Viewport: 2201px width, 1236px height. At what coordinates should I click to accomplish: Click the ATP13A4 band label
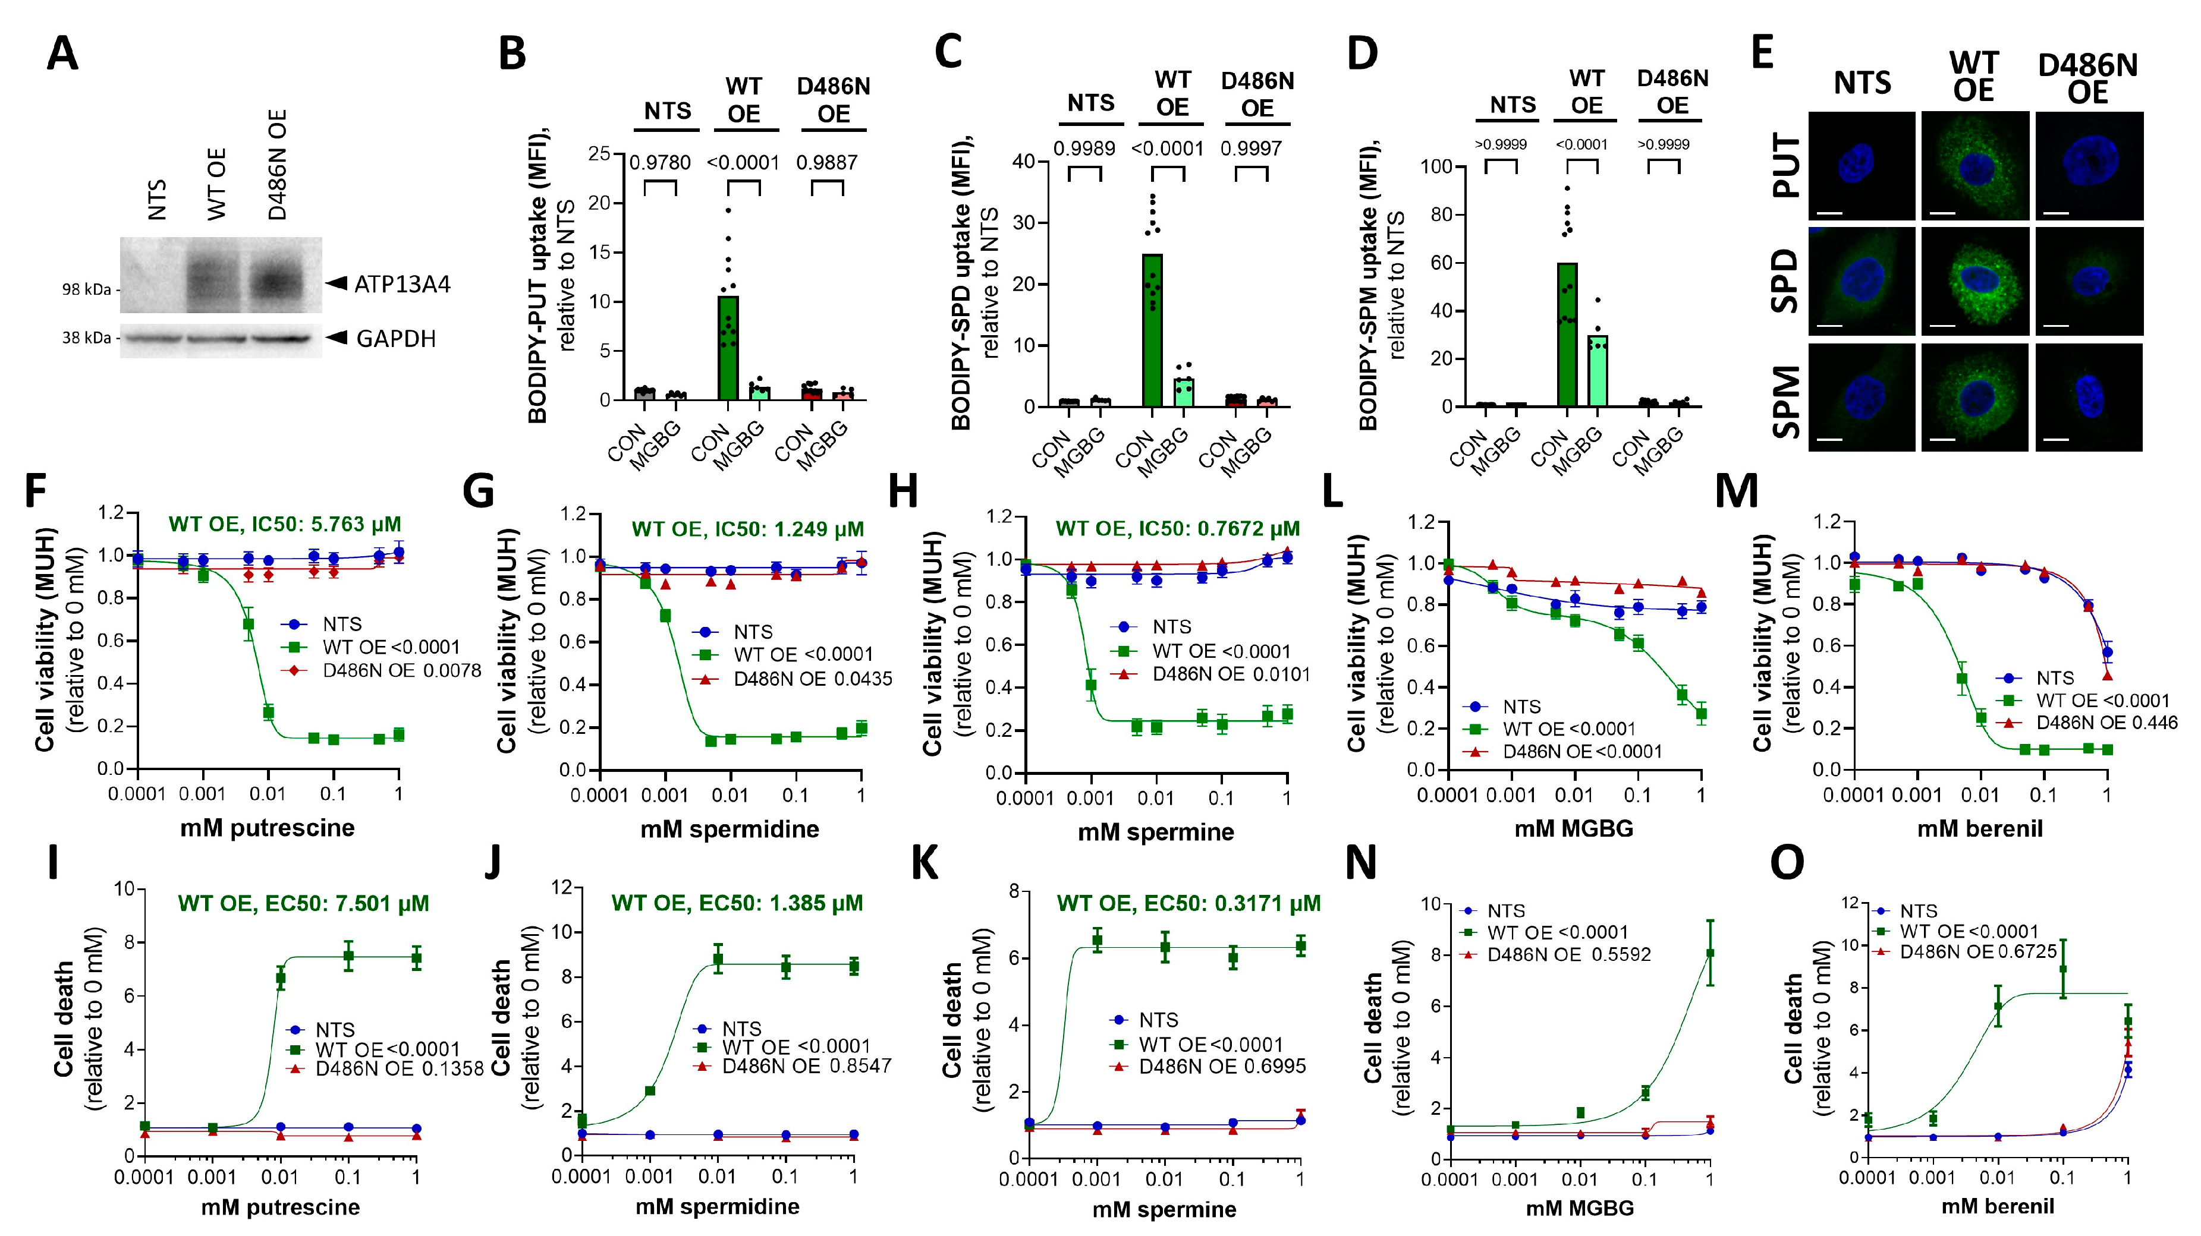click(x=401, y=285)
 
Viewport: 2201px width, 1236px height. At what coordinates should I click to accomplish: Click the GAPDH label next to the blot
click(x=395, y=339)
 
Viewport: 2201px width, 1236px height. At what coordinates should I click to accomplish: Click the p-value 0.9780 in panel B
click(x=659, y=162)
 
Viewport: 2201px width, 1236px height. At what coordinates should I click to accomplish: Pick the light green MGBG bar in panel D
click(x=1597, y=371)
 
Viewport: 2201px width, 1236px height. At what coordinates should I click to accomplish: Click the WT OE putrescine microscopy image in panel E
click(x=1974, y=166)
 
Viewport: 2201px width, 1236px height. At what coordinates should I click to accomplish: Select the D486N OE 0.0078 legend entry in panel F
click(x=401, y=670)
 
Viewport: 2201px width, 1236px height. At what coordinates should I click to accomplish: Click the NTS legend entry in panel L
click(x=1521, y=707)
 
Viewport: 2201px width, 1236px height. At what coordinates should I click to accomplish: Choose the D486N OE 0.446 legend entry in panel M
click(x=2105, y=723)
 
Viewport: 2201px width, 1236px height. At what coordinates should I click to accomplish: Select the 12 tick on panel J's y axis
click(x=561, y=888)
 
